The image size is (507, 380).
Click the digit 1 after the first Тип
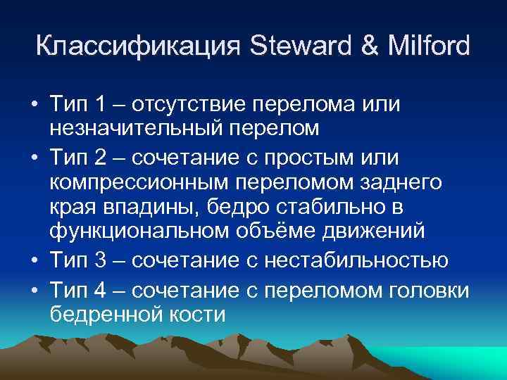[99, 105]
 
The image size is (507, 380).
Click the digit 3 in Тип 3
[99, 261]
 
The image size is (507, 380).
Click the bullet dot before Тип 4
[34, 288]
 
